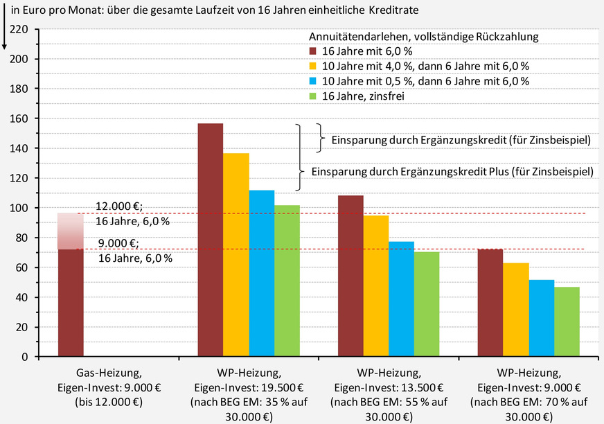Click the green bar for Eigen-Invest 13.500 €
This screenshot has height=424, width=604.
click(x=427, y=304)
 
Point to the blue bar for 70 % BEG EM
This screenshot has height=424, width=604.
click(x=542, y=318)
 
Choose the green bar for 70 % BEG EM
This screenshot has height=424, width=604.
click(x=567, y=321)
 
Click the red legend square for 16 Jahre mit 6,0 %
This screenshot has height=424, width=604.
click(x=314, y=51)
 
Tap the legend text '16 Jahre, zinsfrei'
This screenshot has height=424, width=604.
click(x=363, y=96)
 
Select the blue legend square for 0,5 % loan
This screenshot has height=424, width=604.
click(x=314, y=81)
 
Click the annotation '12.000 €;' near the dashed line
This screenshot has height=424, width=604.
click(x=118, y=206)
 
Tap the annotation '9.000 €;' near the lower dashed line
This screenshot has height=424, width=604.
click(x=118, y=243)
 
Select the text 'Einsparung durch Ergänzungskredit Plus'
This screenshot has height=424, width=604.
click(x=452, y=171)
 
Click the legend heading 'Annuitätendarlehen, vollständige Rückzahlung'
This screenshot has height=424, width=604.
click(x=424, y=35)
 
